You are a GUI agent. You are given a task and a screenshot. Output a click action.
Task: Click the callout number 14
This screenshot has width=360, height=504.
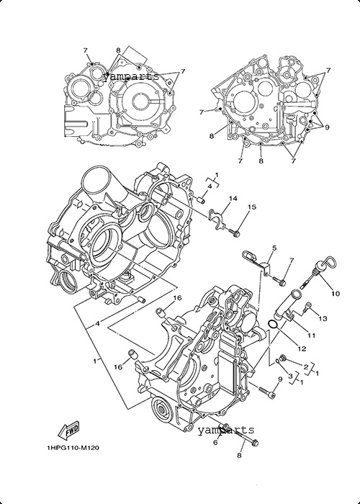[x=233, y=199]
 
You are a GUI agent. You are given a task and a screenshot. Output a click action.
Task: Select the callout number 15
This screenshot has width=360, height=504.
[x=252, y=207]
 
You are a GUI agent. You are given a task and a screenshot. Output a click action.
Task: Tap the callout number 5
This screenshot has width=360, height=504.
[x=274, y=248]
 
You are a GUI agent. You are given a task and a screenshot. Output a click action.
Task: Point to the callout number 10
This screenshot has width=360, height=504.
[x=336, y=294]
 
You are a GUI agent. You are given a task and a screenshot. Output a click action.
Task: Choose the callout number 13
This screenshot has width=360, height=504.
[x=323, y=318]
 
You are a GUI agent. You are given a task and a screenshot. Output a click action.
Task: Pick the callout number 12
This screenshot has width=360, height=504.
[x=302, y=348]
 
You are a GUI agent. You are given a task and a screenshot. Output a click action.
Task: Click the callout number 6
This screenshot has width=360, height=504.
[x=215, y=442]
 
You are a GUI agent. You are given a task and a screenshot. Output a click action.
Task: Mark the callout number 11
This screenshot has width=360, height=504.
[x=311, y=336]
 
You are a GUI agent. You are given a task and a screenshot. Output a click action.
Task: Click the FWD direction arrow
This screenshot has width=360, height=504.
[x=69, y=431]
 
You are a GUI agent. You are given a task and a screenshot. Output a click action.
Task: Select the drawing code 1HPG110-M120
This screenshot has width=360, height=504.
[x=73, y=448]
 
